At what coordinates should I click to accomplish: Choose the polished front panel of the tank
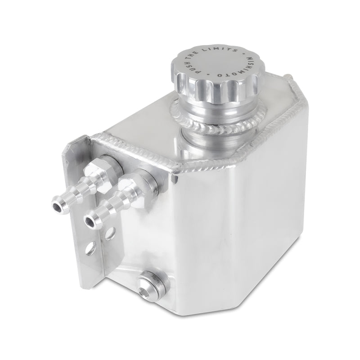tap(234, 225)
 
